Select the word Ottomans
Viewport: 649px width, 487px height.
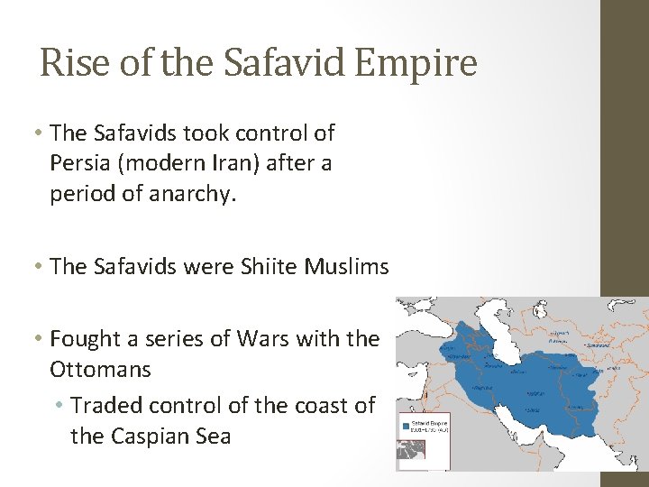tap(100, 369)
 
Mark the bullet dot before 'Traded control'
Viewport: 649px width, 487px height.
tap(60, 406)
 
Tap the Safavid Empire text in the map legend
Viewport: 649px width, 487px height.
tap(428, 421)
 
